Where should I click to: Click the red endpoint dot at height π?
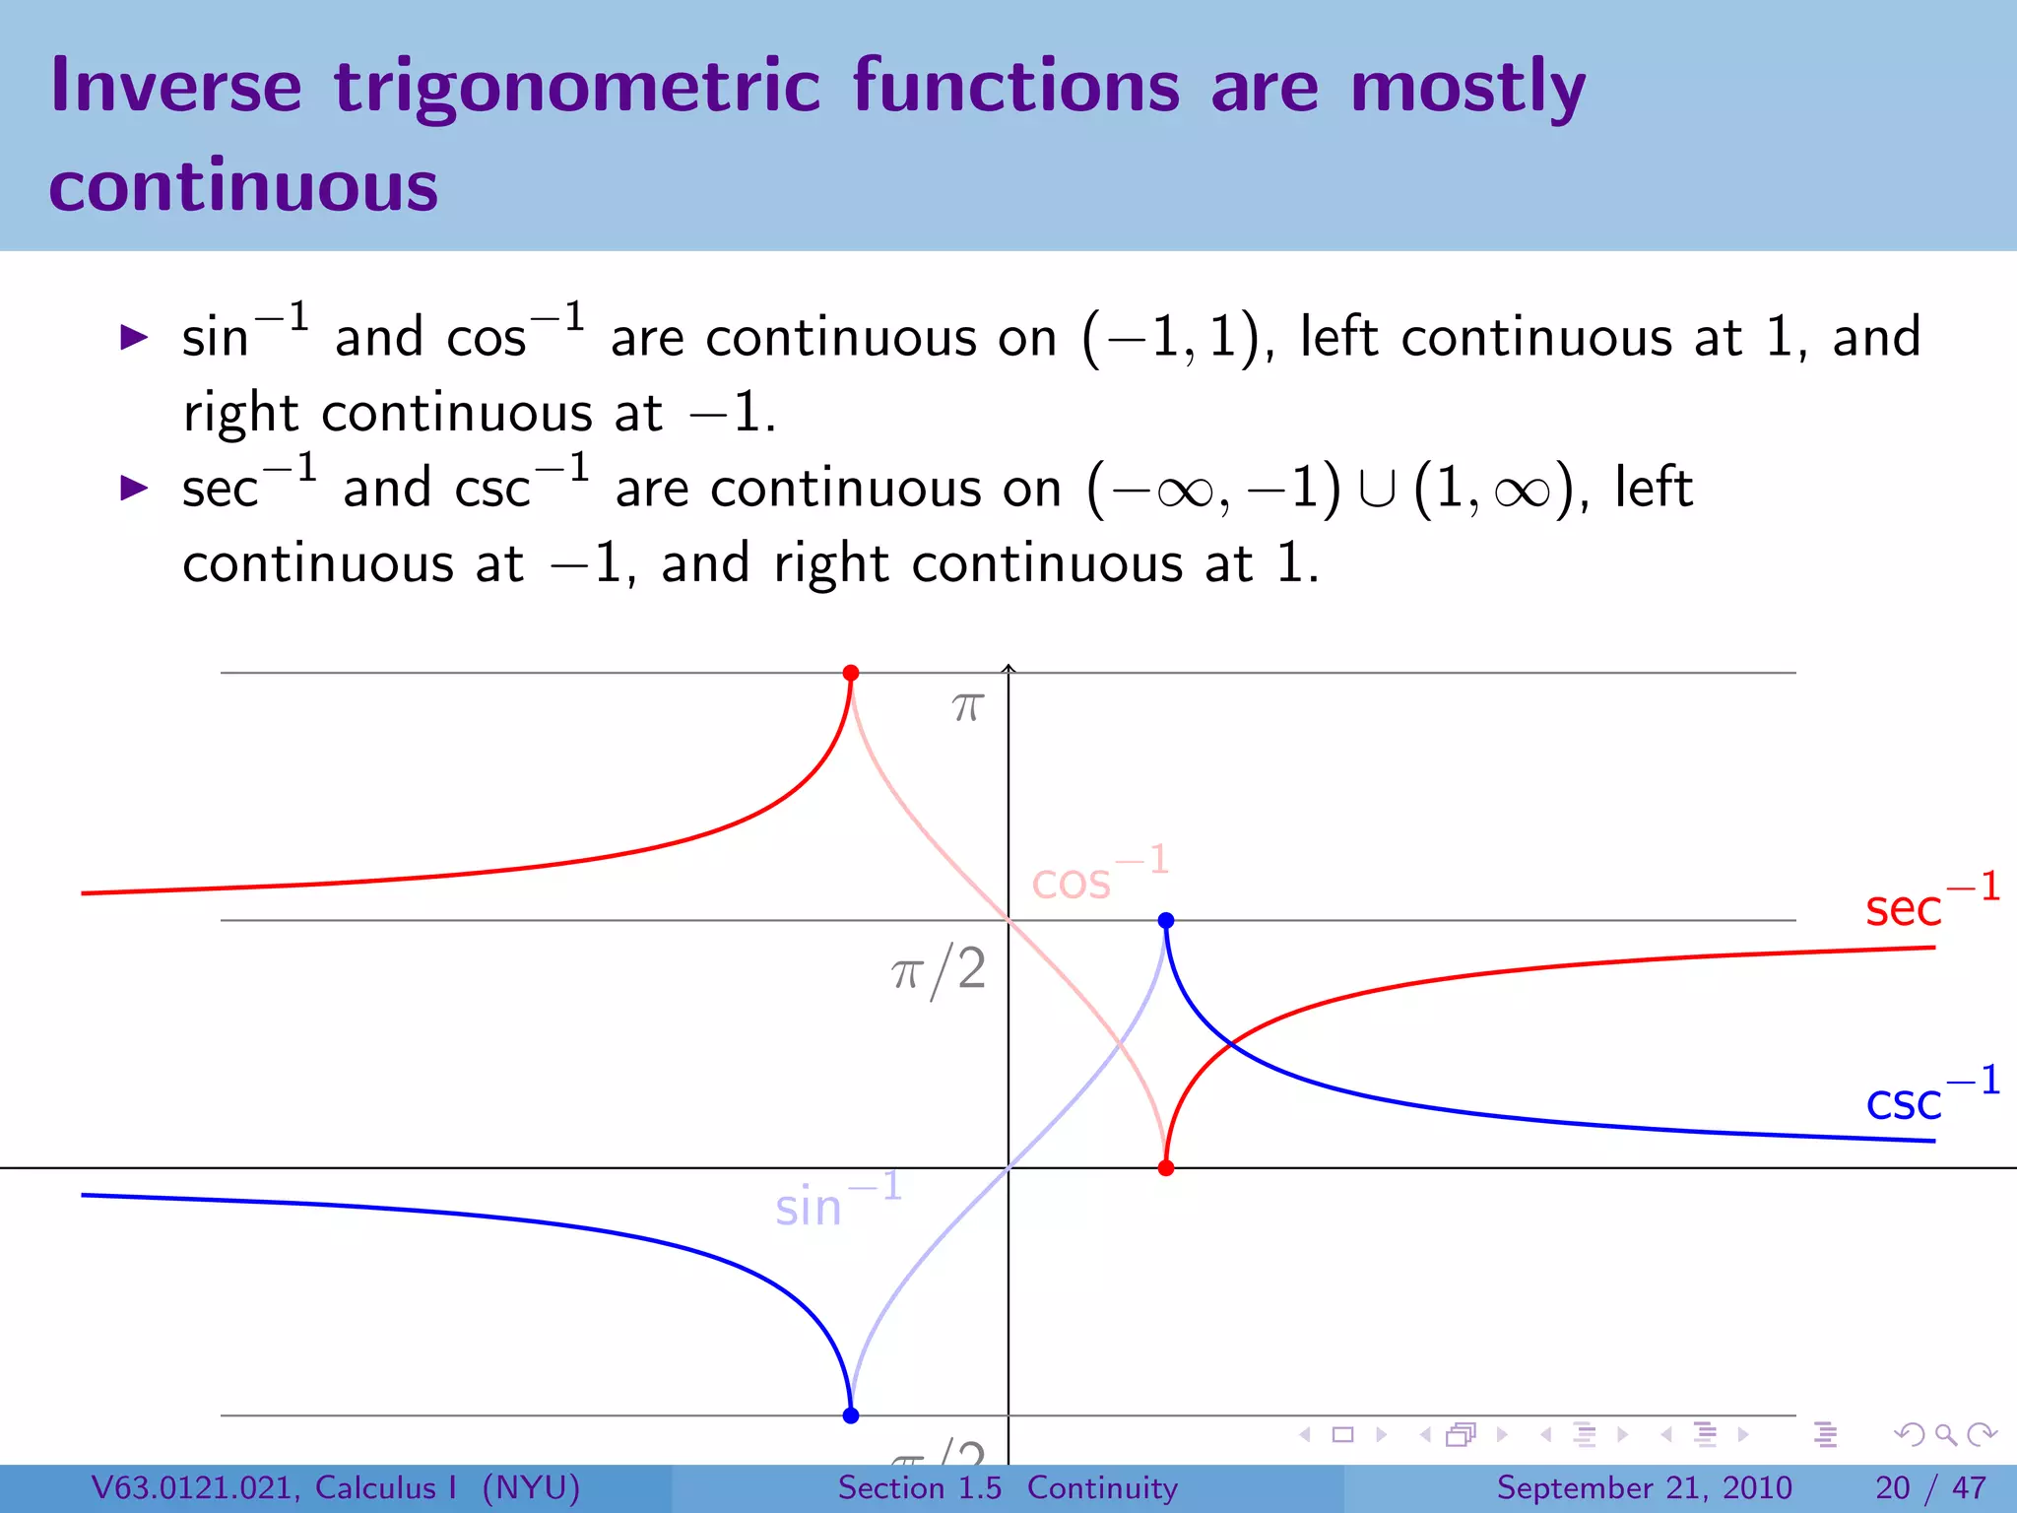tap(851, 673)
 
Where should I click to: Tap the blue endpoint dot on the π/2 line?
tap(1166, 920)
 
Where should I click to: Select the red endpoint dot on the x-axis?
tap(1166, 1168)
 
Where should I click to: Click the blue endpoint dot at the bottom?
tap(851, 1415)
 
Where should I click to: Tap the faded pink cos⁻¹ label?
tap(1098, 875)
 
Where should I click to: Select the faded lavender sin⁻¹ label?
tap(837, 1202)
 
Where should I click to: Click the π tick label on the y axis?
tap(968, 707)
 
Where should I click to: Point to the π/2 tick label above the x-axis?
tap(939, 969)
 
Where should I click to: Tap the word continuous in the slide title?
tap(243, 187)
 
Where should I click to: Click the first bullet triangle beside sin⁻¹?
tap(133, 338)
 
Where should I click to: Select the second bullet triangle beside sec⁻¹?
tap(133, 488)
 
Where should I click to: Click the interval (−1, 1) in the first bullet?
tap(1172, 338)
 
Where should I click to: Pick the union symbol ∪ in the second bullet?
tap(1376, 490)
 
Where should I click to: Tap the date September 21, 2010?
tap(1644, 1487)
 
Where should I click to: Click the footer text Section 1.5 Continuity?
tap(1007, 1487)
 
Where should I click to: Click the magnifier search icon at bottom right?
tap(1945, 1435)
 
